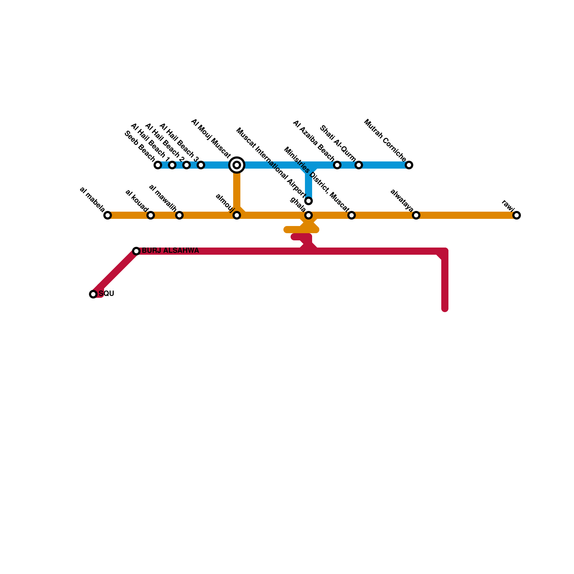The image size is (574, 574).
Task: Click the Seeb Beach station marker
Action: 158,165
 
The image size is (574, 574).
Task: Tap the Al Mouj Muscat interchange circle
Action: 237,165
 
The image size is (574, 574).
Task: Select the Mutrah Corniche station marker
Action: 409,165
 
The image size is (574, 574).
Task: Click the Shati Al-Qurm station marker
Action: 359,165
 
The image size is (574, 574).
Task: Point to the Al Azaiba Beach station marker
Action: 337,165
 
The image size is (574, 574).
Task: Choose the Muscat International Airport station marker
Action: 309,201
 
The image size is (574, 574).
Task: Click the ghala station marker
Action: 309,215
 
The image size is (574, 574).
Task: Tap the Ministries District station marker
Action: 352,215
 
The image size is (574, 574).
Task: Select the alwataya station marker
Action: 416,215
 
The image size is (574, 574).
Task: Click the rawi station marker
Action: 517,215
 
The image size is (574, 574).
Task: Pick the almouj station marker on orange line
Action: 237,215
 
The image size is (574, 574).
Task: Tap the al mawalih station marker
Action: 179,215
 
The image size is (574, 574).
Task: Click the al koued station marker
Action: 151,215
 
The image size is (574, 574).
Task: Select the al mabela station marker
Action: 108,215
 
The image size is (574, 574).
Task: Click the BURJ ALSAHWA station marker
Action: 136,251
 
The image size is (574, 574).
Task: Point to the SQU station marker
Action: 93,294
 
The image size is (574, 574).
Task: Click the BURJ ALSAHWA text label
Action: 170,251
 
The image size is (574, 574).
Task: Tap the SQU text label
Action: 107,294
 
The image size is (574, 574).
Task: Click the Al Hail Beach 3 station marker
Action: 201,165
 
